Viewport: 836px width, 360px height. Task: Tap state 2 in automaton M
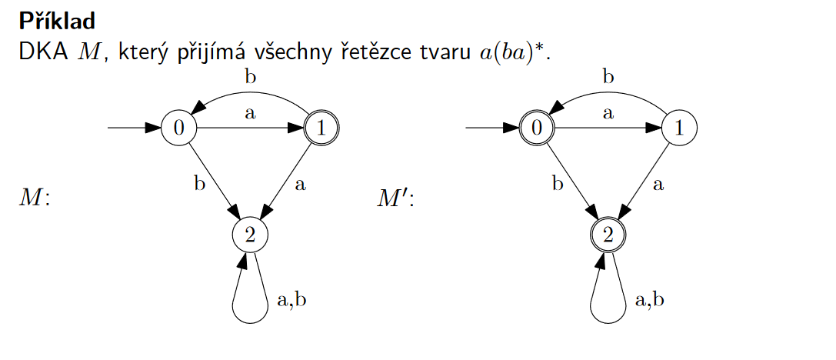pos(249,235)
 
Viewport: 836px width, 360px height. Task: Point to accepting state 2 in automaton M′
pos(608,235)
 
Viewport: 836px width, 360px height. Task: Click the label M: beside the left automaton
pos(34,199)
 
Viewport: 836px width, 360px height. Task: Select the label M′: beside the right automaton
pos(395,199)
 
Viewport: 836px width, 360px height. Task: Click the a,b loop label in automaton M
pos(291,299)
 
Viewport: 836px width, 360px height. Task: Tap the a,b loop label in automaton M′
pos(650,299)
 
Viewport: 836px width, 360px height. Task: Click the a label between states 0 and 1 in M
pos(250,114)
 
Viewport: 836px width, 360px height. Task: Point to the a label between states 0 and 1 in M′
pos(608,114)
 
